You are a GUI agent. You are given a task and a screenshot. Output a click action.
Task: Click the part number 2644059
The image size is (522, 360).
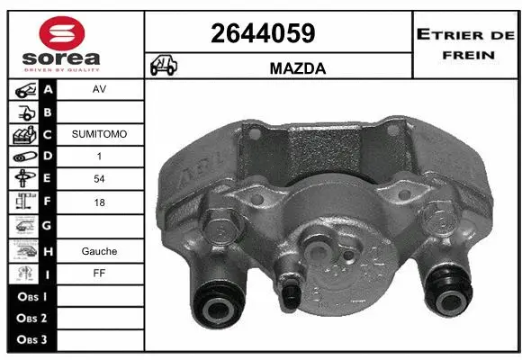click(262, 33)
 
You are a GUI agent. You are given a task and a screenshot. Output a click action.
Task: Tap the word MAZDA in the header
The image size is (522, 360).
click(297, 67)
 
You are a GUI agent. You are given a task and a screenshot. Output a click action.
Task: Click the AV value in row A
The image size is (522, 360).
click(99, 90)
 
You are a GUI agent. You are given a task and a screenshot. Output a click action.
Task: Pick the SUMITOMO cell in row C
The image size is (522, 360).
click(99, 134)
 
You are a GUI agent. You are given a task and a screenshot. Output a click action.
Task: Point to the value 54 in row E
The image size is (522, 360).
click(99, 179)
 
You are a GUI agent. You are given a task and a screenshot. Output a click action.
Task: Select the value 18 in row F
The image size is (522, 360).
click(99, 203)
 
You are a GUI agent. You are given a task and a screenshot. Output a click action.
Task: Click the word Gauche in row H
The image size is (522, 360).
click(99, 251)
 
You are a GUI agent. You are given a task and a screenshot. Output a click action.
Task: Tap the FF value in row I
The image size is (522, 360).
click(99, 274)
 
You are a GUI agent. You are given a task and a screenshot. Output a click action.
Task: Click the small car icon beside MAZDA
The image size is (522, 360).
click(165, 66)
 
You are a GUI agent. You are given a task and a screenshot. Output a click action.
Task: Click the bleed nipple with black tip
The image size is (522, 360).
click(292, 292)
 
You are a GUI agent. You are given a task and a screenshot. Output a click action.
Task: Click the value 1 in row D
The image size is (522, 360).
click(99, 157)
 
